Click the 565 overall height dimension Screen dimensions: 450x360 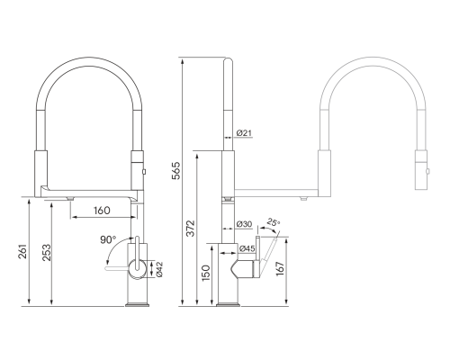tap(176, 171)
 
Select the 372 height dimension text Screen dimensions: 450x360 tap(191, 229)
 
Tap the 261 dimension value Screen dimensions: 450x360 tap(23, 251)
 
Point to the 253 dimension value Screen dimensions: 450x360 tap(47, 253)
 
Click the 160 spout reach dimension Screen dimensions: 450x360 tap(102, 211)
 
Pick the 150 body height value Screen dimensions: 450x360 tap(206, 273)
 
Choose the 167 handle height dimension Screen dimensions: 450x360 tap(279, 268)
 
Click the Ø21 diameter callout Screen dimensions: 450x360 tap(244, 133)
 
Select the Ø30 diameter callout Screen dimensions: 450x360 tap(244, 224)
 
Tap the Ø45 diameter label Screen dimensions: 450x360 tap(247, 248)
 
